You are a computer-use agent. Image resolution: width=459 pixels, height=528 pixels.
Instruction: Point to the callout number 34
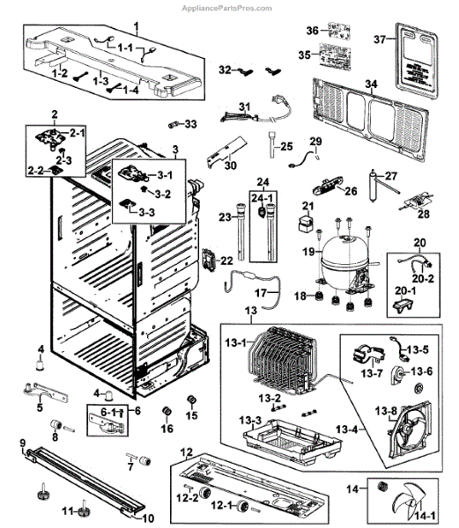coord(371,84)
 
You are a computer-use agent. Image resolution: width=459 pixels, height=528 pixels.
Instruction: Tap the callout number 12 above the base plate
coord(185,451)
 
